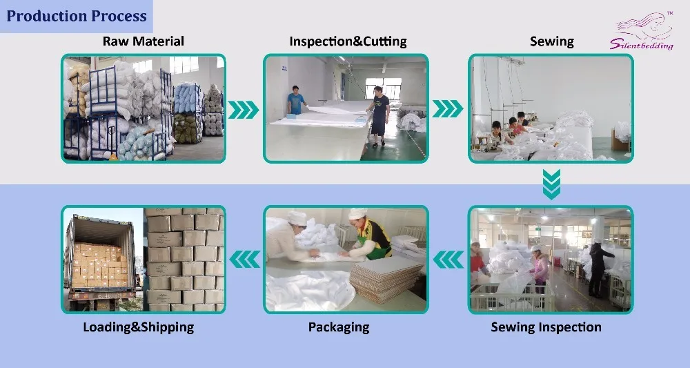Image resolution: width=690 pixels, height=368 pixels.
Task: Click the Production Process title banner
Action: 76,16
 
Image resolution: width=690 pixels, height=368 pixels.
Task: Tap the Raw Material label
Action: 144,41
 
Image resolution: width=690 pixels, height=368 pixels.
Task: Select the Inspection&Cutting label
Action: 348,41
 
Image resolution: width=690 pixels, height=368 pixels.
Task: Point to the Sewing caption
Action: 551,41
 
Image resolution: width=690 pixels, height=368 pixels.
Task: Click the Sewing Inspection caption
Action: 546,327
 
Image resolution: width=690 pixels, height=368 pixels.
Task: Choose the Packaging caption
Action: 338,327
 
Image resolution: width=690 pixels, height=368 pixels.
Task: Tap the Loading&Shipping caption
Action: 138,327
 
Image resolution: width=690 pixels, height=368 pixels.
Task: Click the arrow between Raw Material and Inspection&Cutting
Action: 243,110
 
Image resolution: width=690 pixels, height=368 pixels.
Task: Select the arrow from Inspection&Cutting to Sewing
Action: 448,109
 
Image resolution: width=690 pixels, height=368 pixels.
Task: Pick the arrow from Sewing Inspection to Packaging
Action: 448,260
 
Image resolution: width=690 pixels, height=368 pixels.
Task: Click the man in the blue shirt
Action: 296,101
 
